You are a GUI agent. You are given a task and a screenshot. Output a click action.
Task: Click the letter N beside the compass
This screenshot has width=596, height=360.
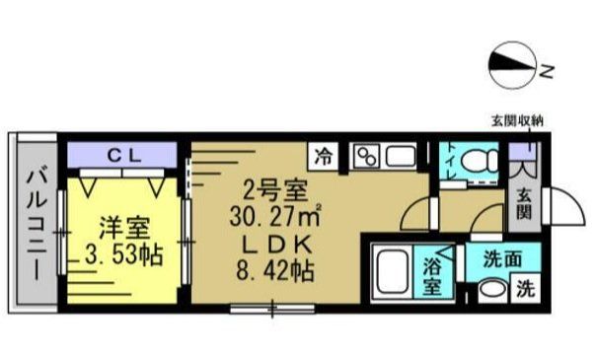click(x=546, y=69)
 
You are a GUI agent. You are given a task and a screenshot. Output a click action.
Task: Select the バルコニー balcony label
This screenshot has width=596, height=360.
click(x=36, y=224)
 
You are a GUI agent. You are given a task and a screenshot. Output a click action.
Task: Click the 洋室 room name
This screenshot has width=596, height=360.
click(x=122, y=228)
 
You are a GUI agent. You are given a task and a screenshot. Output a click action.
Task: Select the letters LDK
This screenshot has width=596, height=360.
click(x=274, y=244)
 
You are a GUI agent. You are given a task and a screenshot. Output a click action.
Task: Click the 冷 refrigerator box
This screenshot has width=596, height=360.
click(x=323, y=155)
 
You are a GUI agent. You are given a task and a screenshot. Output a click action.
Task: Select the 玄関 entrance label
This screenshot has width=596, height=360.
click(x=522, y=202)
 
